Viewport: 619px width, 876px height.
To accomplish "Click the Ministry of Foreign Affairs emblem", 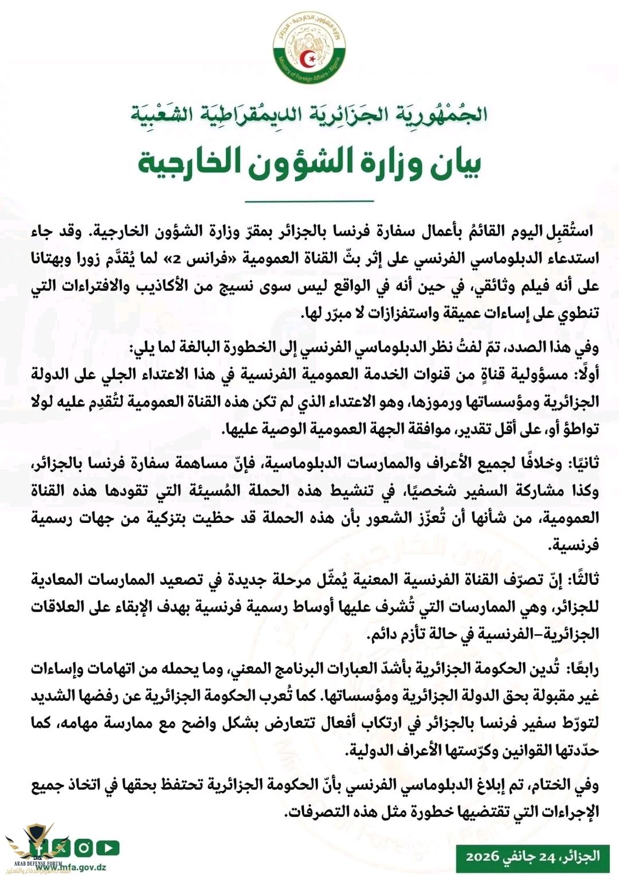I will tap(309, 48).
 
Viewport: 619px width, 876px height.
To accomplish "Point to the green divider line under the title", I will tap(309, 201).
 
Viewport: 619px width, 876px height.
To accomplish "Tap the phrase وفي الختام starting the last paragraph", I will tap(564, 784).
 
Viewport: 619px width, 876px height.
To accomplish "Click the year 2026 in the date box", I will tap(483, 857).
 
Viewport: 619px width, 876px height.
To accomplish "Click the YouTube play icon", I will tap(108, 847).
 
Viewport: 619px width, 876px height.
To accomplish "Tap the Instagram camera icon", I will tap(84, 847).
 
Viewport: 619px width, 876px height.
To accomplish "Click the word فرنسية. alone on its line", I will tap(575, 545).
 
